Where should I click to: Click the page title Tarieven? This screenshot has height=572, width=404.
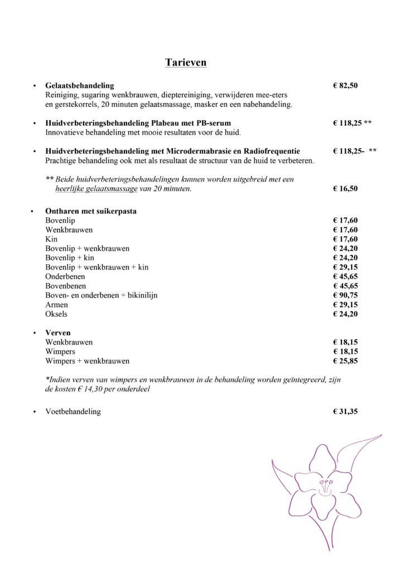[186, 62]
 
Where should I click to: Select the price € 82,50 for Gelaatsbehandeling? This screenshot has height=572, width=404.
[345, 85]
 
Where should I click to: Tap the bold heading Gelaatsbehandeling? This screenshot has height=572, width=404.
[79, 85]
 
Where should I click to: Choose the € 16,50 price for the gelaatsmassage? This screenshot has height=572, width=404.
[345, 189]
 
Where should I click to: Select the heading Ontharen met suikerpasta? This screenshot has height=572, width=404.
[91, 212]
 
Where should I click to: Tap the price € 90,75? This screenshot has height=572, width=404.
[345, 295]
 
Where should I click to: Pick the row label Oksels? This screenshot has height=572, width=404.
[56, 314]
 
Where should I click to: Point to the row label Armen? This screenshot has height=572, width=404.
[56, 305]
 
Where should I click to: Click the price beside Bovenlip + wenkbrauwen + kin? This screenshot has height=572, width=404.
[345, 268]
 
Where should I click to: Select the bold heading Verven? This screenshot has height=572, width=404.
[58, 333]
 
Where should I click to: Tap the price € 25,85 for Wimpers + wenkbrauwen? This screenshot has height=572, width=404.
[345, 361]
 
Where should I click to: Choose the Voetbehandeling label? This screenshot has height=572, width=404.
[73, 412]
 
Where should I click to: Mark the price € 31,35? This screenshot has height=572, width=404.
[345, 412]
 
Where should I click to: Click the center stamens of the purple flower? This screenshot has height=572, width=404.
[323, 484]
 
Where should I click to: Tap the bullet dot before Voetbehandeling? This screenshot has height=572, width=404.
[35, 412]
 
